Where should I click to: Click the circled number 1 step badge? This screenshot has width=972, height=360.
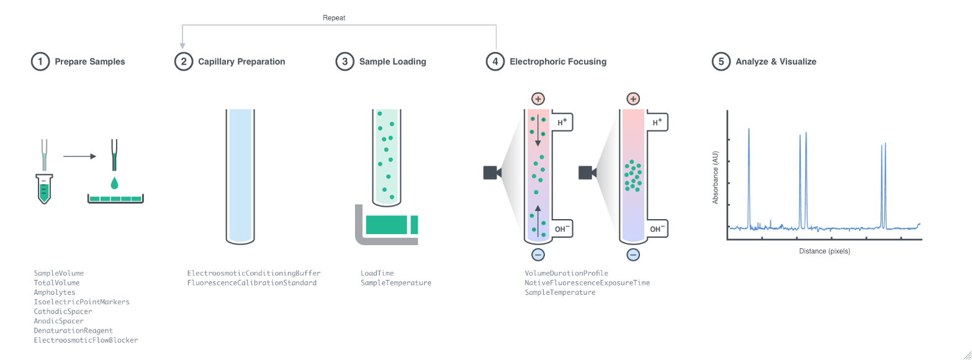40,61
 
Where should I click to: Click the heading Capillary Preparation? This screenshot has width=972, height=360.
241,61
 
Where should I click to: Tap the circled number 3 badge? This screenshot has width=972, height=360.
344,61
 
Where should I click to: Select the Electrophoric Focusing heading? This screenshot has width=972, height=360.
557,61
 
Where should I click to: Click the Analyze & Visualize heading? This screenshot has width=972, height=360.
775,61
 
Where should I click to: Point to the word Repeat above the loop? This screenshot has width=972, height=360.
334,18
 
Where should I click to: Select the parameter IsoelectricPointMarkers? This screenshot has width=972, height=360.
81,302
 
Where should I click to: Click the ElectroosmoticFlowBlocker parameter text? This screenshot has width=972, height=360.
86,340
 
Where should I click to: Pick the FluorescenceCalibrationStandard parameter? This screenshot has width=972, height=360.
251,282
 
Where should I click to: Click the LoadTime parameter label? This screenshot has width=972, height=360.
377,273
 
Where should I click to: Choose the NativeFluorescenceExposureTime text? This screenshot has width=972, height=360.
587,282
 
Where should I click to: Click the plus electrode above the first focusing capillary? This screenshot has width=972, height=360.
538,99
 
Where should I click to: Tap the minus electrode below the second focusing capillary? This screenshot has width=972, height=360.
632,254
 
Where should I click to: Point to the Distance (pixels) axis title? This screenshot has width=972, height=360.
824,251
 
